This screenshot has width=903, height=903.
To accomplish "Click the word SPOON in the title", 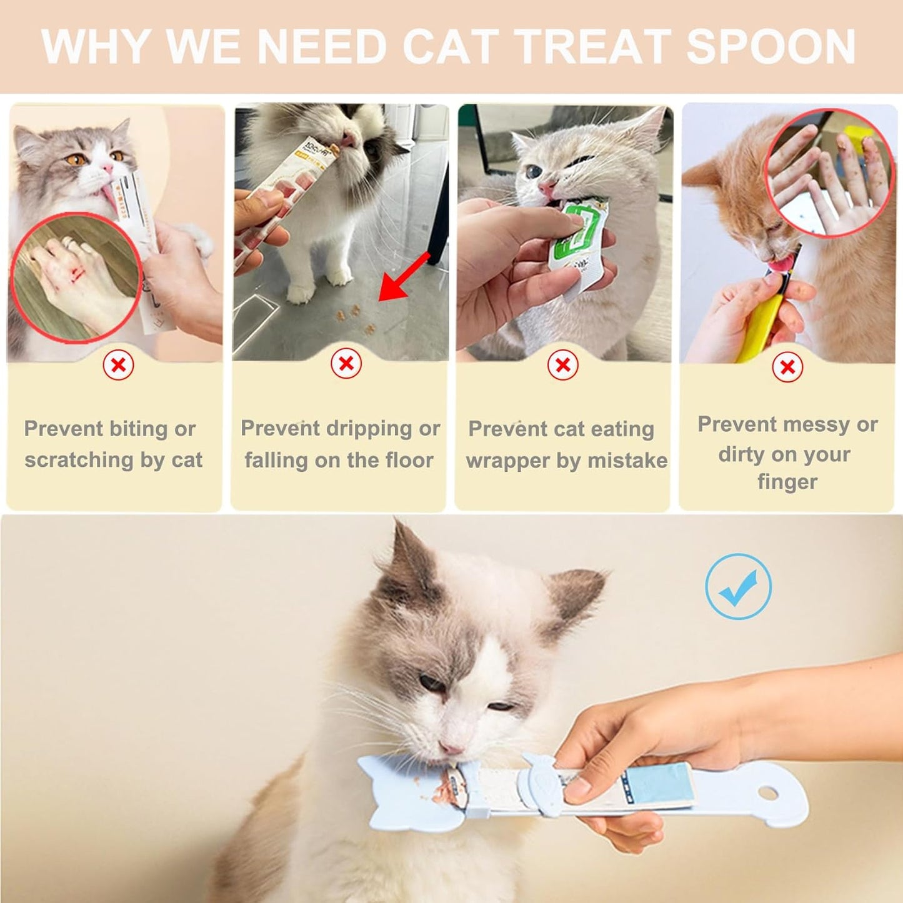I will coord(771,47).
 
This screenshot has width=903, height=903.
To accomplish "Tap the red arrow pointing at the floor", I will coord(404,277).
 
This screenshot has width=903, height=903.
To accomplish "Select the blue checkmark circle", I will coord(738,586).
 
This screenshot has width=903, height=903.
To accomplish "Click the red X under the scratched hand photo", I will coord(118,365).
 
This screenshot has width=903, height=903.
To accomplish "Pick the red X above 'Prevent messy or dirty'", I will coord(787,367).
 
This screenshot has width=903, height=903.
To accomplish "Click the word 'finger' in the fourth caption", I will coord(787,482).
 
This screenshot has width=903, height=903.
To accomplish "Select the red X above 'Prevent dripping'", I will coord(346,363).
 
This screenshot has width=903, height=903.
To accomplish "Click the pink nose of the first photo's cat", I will coord(107,169).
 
